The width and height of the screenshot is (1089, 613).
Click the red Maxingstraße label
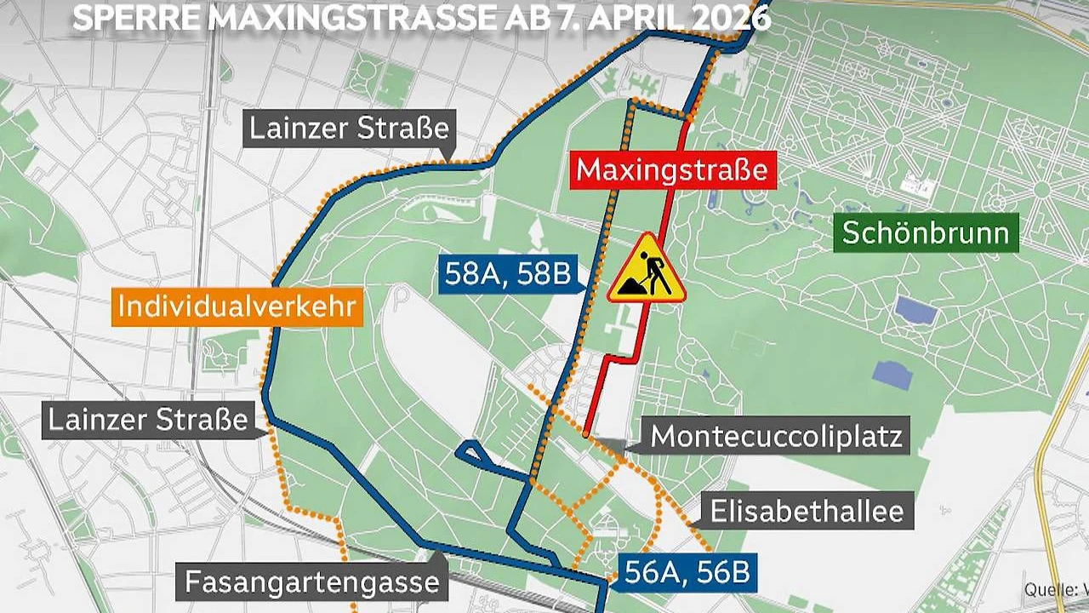[672, 169]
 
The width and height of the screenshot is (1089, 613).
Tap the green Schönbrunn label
[927, 232]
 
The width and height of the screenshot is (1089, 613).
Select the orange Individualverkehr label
[236, 306]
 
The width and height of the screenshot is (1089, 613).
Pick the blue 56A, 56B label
[687, 572]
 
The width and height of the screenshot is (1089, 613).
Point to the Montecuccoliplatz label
[775, 437]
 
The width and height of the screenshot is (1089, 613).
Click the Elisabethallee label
[807, 511]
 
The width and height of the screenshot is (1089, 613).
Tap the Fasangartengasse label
[311, 582]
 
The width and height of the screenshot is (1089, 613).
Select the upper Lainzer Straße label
[348, 129]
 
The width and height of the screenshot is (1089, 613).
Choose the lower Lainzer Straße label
[148, 420]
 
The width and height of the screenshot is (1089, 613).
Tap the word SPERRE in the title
[135, 18]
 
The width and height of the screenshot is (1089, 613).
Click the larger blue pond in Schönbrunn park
[915, 311]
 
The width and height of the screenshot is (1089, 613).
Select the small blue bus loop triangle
[471, 454]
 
